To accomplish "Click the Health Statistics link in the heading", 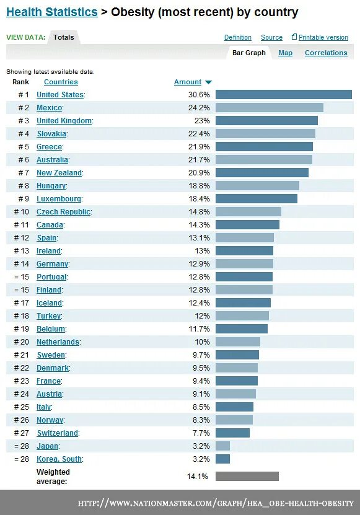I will (x=51, y=12).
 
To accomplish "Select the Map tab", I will (x=285, y=53).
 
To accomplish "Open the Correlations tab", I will (x=326, y=53).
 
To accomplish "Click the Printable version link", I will (x=323, y=37).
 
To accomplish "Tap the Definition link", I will (x=238, y=37).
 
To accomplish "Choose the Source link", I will (x=271, y=37).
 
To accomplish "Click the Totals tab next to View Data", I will (x=64, y=37).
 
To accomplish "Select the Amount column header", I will (x=188, y=82).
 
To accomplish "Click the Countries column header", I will (x=61, y=82).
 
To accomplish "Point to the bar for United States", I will (x=283, y=95).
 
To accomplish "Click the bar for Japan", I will (x=222, y=446).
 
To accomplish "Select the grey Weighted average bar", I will (x=247, y=476).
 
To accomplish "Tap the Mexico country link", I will (x=49, y=108).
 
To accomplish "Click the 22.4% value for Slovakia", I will (x=199, y=134).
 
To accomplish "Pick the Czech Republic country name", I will (x=63, y=212).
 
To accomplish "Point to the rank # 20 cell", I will (x=22, y=342).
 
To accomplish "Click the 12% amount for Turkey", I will (x=202, y=316).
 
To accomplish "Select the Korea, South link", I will (x=59, y=459).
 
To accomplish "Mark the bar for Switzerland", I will (x=232, y=433).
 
